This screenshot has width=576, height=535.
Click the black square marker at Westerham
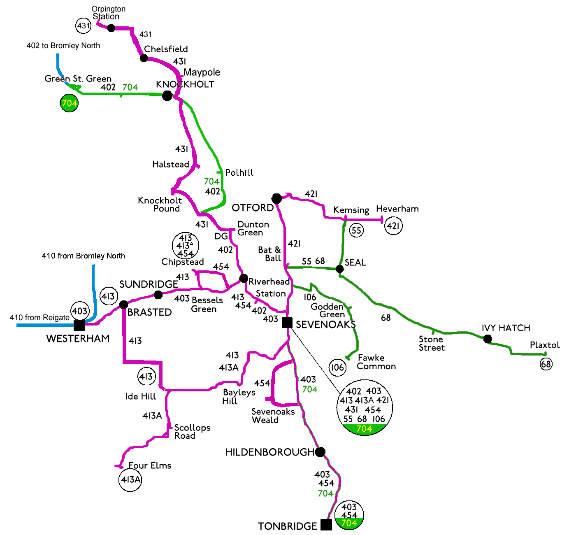point(79,326)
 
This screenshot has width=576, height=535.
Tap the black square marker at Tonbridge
point(326,525)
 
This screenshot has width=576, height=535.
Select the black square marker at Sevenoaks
point(287,323)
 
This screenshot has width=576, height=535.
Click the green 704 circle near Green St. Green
point(69,103)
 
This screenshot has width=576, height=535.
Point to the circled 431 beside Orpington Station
point(83,26)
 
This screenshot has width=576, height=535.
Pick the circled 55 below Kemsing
point(356,230)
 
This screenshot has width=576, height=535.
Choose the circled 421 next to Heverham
point(393,226)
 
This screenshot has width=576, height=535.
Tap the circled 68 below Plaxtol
point(546,364)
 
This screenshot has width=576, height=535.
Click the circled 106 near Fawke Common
point(337,367)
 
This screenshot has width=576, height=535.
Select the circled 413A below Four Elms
point(130,479)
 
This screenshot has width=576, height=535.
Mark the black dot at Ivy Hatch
point(488,339)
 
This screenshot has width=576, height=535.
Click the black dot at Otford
point(277,199)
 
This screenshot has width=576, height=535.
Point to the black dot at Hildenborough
point(320,452)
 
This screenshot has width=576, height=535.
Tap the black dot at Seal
point(339,269)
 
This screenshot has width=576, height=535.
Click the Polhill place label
point(239,173)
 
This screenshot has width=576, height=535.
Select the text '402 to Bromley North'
point(63,46)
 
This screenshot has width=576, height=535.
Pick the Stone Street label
point(432,343)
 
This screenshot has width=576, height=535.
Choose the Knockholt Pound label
point(160,205)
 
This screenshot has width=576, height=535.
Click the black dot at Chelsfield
point(144,58)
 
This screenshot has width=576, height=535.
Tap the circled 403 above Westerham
point(80,311)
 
